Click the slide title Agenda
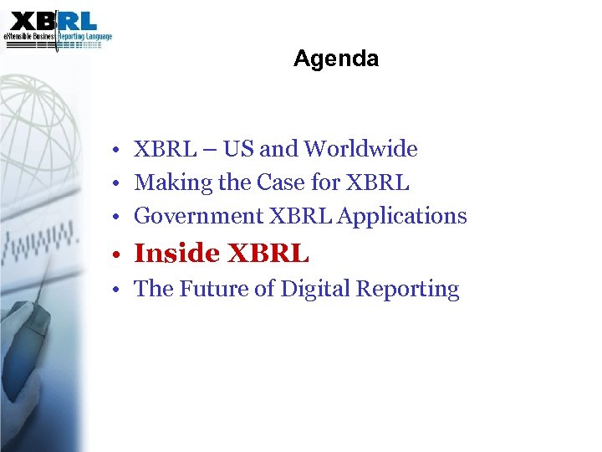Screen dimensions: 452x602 click(336, 59)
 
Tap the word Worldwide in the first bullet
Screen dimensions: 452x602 click(360, 149)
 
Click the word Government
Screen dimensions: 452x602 click(198, 216)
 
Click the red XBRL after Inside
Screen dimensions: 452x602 click(268, 252)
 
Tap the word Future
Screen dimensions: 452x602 click(214, 289)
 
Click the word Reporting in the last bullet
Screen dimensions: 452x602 click(408, 290)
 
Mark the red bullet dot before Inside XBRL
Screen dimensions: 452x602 click(120, 254)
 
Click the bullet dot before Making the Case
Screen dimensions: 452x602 click(121, 183)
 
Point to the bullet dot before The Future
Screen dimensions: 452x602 click(121, 290)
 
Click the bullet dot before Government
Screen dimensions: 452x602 click(121, 217)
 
